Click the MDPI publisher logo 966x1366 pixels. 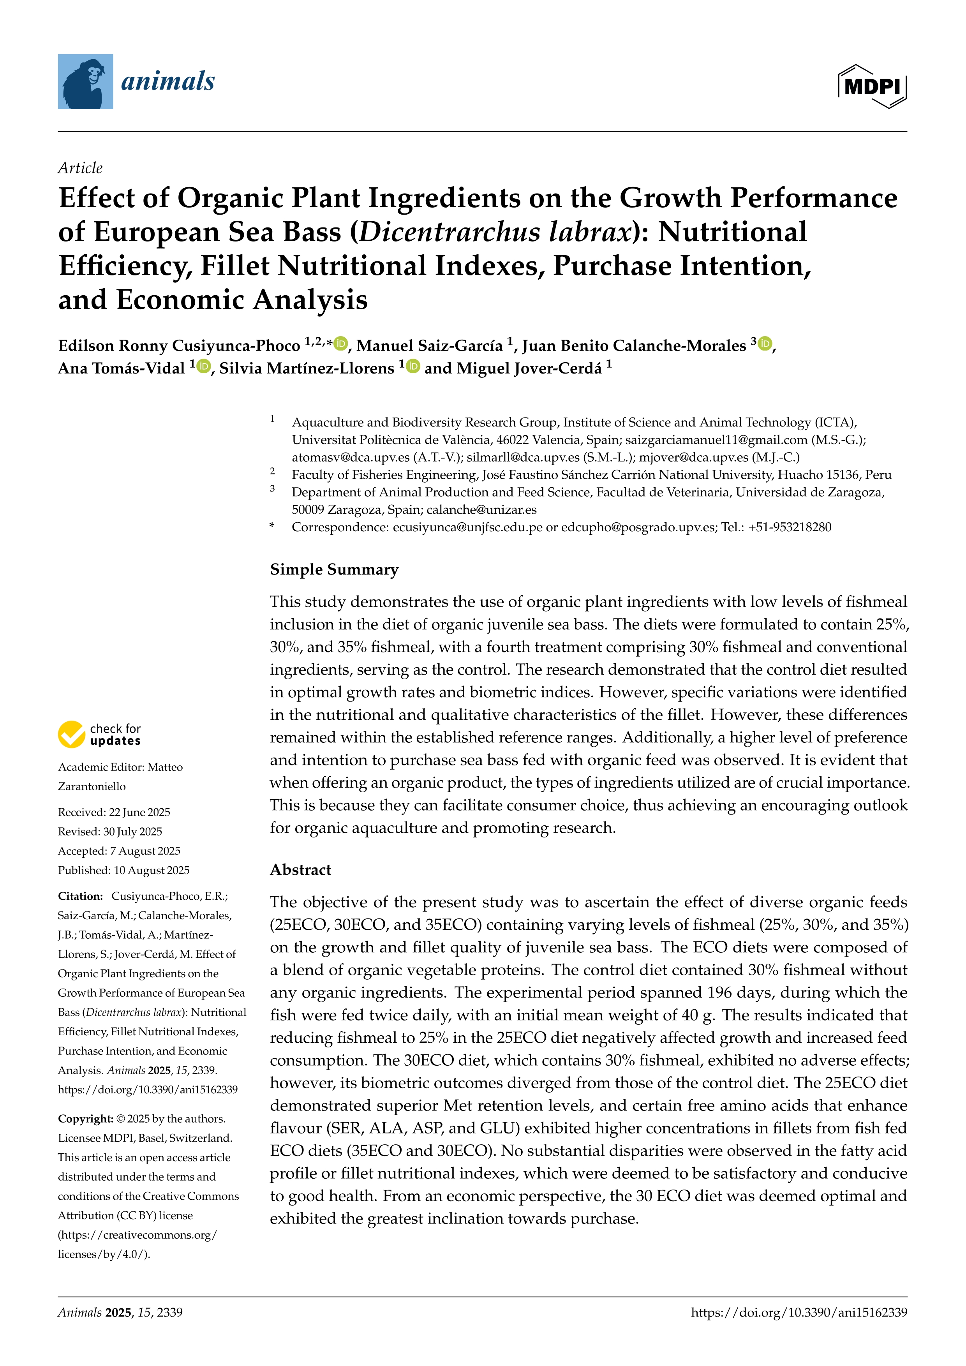coord(872,86)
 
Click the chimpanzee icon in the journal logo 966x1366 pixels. coord(85,81)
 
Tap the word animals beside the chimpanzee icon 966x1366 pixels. coord(168,81)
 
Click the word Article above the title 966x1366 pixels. coord(80,168)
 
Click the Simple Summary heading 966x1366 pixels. coord(334,569)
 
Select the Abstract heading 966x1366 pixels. coord(300,870)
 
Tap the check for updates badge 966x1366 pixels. coord(99,735)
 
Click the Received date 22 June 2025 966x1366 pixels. coord(139,812)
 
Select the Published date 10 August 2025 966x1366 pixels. coord(151,871)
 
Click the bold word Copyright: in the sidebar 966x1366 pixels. coord(85,1119)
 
